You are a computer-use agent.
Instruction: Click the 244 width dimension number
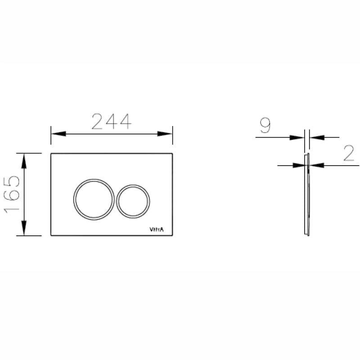[111, 121]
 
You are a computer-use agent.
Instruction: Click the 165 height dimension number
[12, 194]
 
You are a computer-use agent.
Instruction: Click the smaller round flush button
[133, 201]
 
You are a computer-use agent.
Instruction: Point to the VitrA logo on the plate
[157, 229]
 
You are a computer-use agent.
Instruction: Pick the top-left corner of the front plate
[51, 154]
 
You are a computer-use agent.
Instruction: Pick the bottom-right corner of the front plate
[172, 235]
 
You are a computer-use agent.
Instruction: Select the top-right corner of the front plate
[172, 154]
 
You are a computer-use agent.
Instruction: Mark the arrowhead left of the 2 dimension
[300, 166]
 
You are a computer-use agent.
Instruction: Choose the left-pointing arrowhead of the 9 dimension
[315, 137]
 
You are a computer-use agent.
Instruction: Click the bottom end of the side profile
[307, 235]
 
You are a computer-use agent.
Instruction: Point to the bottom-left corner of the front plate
[51, 235]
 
